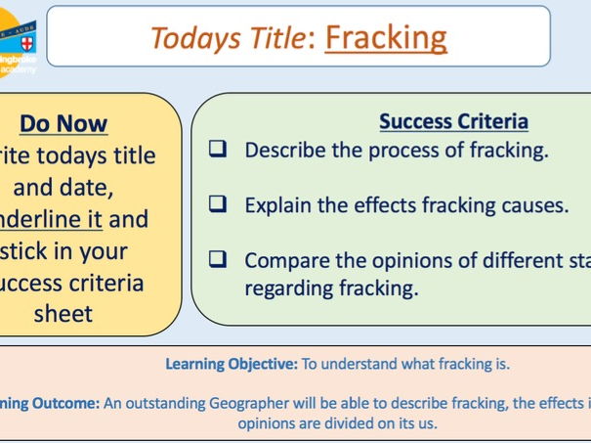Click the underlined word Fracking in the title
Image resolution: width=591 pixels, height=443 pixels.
[x=386, y=36]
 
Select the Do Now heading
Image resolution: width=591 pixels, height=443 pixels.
[x=64, y=123]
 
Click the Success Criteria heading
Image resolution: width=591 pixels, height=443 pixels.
[x=453, y=121]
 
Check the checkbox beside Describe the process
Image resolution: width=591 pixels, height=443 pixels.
[x=219, y=151]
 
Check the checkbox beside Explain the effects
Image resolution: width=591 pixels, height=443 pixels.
[x=219, y=205]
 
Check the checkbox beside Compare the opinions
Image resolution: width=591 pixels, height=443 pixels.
[x=219, y=260]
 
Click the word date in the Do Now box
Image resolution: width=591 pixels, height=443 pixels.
[x=102, y=187]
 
